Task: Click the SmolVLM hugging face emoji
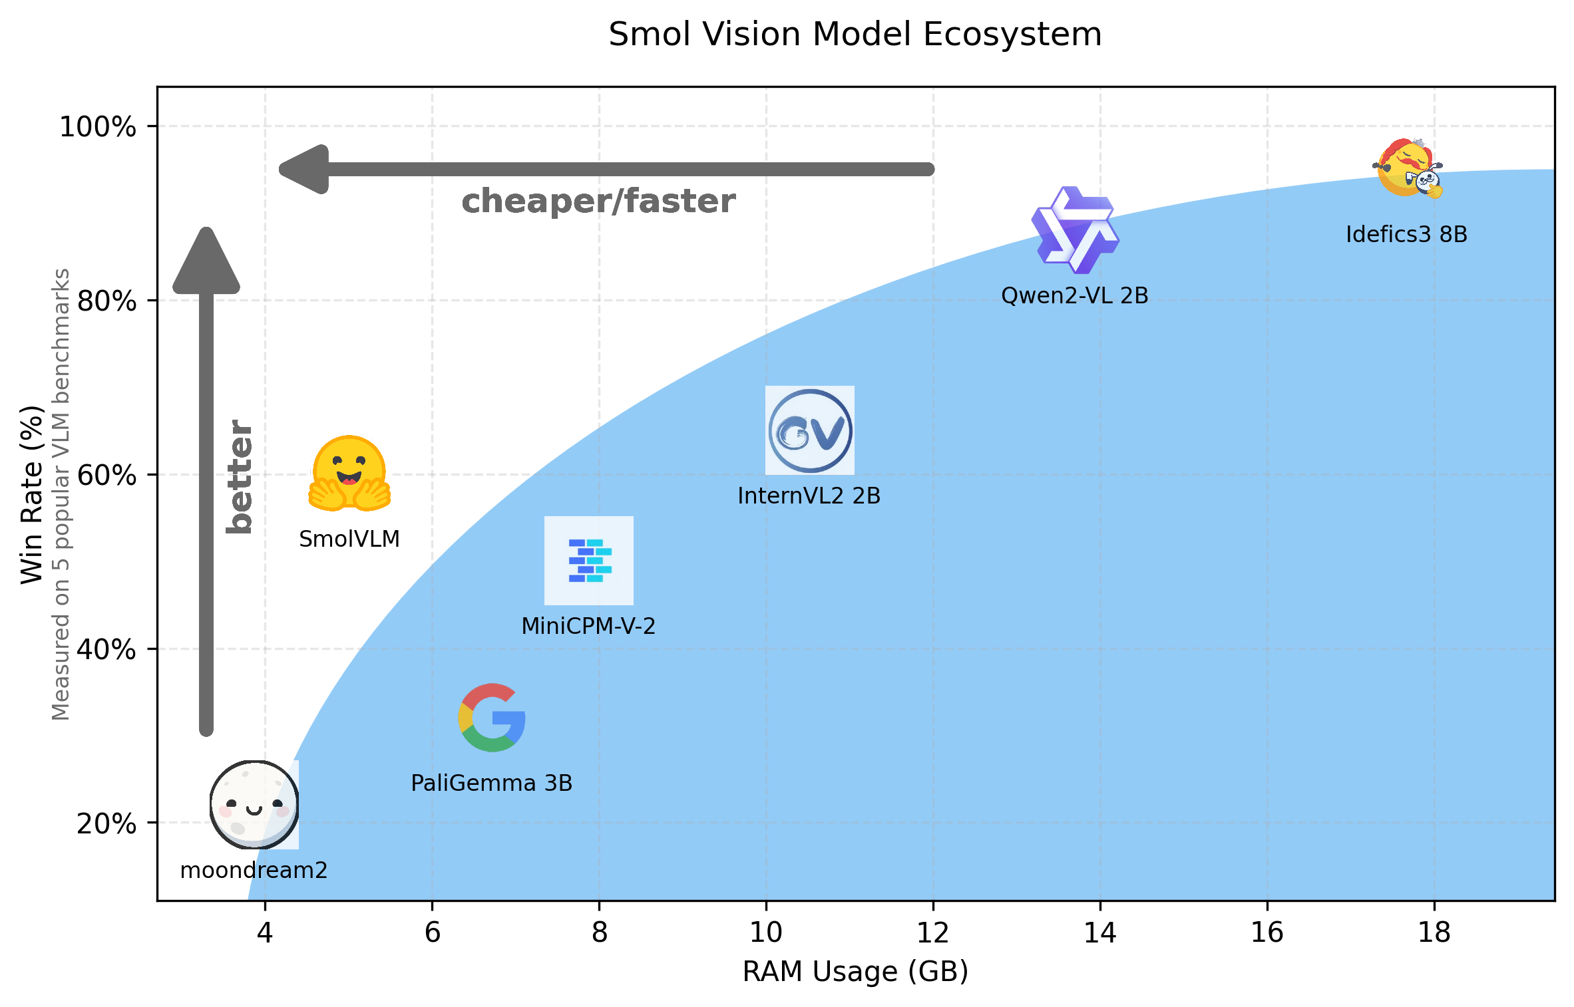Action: point(349,474)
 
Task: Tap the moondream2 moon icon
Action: point(254,805)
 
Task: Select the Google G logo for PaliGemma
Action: point(492,718)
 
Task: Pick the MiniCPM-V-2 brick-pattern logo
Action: point(589,561)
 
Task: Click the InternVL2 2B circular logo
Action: point(810,431)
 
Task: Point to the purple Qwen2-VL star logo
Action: point(1075,230)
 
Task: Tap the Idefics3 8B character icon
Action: point(1407,169)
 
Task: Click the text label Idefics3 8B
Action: point(1406,235)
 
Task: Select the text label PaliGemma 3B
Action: point(491,784)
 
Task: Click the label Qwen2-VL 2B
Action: point(1074,296)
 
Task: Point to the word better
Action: point(240,476)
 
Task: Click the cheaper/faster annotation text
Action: point(598,202)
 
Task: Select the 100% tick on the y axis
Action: point(98,126)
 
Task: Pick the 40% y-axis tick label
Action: point(106,649)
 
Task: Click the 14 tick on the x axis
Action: point(1099,933)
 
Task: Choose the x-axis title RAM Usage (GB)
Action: point(855,972)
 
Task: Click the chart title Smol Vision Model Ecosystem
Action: point(855,35)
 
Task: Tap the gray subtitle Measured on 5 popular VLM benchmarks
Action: point(61,494)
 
